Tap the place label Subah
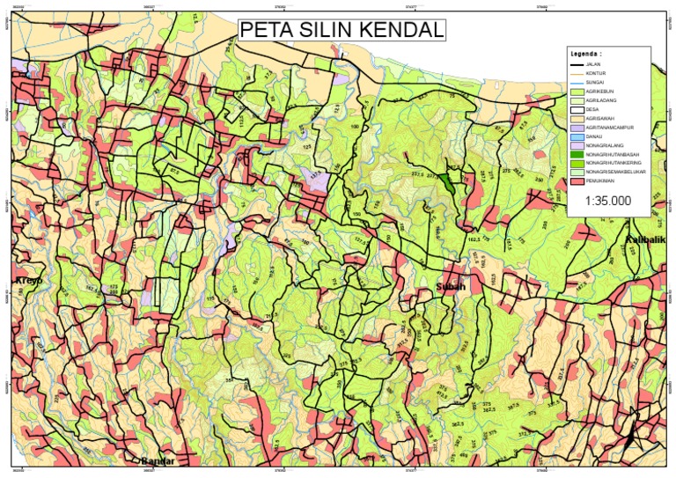(x=451, y=288)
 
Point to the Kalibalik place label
(x=650, y=240)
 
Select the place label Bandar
(x=158, y=461)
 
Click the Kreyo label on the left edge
(x=28, y=281)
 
